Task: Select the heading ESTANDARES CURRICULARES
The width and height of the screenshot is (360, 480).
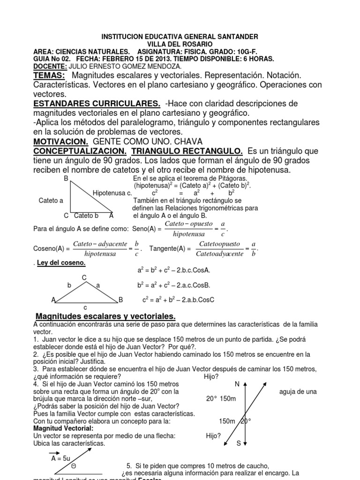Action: (x=97, y=103)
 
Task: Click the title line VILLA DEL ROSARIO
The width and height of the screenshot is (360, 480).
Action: (x=180, y=44)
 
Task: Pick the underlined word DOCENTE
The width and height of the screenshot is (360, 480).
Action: (x=51, y=66)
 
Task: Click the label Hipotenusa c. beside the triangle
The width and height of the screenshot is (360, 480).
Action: (x=112, y=193)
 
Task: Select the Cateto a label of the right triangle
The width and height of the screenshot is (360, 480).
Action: (x=51, y=201)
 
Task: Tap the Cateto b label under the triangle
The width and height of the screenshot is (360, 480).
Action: (x=86, y=216)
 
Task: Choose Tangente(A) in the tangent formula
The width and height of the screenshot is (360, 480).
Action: (x=168, y=248)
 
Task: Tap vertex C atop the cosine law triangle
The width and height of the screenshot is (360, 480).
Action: (x=84, y=277)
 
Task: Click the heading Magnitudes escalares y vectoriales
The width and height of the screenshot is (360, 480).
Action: (x=106, y=316)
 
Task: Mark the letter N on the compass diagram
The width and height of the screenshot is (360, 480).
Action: (x=237, y=384)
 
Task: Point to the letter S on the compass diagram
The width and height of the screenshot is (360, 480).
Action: (x=239, y=442)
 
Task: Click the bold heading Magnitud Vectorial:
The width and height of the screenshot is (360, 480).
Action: (x=63, y=428)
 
